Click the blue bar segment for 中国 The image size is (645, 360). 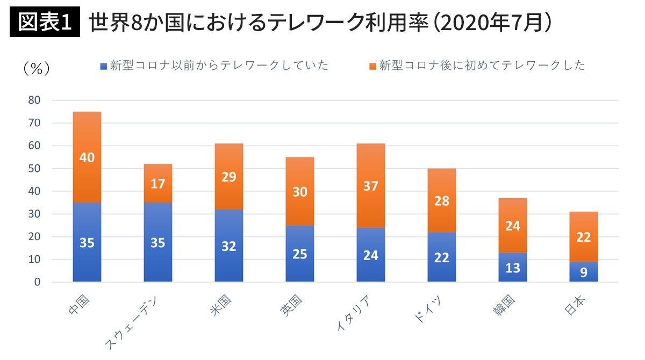(x=87, y=242)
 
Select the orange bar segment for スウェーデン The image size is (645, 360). (x=158, y=183)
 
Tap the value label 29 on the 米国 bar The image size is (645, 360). (x=229, y=177)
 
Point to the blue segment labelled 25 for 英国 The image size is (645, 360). (x=300, y=254)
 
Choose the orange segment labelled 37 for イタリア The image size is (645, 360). (x=371, y=186)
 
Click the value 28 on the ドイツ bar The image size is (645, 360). (x=442, y=201)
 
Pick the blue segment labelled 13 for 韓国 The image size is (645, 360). (x=513, y=267)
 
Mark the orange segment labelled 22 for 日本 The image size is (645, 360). (x=584, y=237)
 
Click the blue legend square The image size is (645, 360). (x=104, y=66)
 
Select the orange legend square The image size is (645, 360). (x=372, y=66)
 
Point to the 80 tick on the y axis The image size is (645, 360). (x=34, y=100)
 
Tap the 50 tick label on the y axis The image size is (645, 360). (x=34, y=169)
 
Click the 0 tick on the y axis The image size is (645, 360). (x=37, y=282)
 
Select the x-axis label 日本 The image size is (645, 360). (x=576, y=307)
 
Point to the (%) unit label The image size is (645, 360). (x=37, y=68)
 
